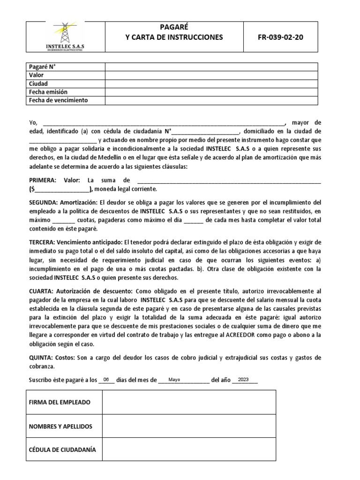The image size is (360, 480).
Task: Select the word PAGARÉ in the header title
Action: [173, 28]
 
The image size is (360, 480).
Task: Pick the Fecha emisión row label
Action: [48, 92]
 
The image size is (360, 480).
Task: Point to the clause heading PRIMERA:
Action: [43, 180]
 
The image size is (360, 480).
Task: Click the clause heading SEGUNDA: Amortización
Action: [63, 202]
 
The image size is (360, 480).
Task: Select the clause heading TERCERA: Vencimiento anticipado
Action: [75, 242]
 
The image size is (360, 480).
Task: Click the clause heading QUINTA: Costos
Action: [52, 358]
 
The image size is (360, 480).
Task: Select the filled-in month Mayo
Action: [174, 380]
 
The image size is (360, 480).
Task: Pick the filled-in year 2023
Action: [243, 380]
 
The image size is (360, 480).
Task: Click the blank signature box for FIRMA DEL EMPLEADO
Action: [189, 402]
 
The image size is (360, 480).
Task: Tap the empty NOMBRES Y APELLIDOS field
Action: [189, 426]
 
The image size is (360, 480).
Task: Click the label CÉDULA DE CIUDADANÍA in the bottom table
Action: [62, 450]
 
